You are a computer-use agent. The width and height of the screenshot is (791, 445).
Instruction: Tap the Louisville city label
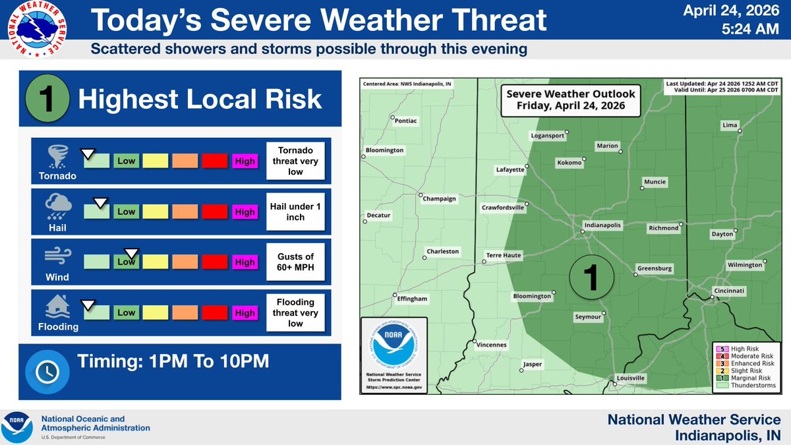click(630, 378)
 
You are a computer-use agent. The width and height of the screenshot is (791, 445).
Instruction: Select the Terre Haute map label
click(504, 254)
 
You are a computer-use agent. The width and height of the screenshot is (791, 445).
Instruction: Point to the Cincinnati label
click(729, 290)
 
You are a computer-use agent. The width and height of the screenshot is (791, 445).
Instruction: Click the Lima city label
click(730, 125)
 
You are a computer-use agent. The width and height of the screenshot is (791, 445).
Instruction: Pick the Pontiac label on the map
click(405, 121)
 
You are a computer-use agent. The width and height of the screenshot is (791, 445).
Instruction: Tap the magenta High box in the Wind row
click(245, 262)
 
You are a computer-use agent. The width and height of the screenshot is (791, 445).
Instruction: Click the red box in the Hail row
click(214, 212)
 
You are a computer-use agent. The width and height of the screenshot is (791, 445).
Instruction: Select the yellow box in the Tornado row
click(156, 161)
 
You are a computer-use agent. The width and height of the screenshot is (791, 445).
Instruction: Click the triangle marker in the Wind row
click(131, 252)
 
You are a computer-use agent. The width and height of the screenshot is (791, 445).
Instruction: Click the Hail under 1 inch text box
click(295, 212)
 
